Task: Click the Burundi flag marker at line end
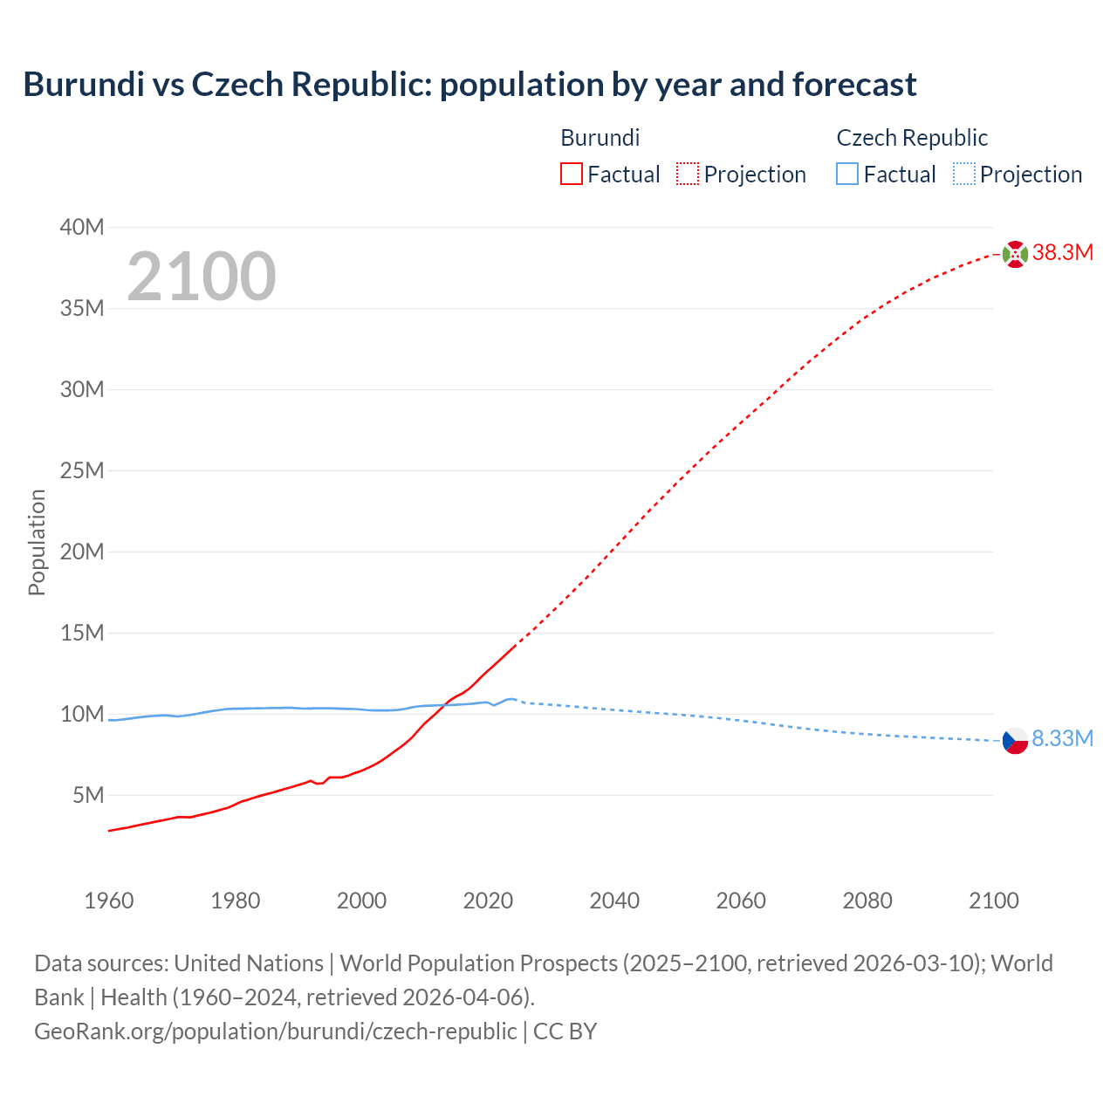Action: click(x=1015, y=254)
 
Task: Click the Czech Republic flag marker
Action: click(x=1015, y=741)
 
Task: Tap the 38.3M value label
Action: click(x=1063, y=253)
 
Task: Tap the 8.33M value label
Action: click(x=1063, y=738)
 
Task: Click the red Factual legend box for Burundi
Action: click(x=572, y=175)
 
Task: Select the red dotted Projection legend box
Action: click(x=688, y=175)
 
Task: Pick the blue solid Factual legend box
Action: click(x=847, y=175)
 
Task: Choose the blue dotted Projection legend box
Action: click(x=963, y=175)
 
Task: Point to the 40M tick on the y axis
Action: click(x=82, y=228)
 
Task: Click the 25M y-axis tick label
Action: click(x=82, y=471)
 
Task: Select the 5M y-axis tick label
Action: click(x=88, y=796)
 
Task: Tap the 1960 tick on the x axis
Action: click(x=109, y=901)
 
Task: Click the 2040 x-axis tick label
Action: click(x=614, y=901)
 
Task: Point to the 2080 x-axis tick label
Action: click(x=867, y=901)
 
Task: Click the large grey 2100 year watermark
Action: click(x=202, y=277)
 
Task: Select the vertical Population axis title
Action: click(x=37, y=542)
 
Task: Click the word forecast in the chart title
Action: click(x=854, y=85)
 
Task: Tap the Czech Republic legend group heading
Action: click(x=912, y=138)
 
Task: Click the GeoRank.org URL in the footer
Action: click(x=275, y=1031)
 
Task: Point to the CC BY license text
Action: click(x=565, y=1031)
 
